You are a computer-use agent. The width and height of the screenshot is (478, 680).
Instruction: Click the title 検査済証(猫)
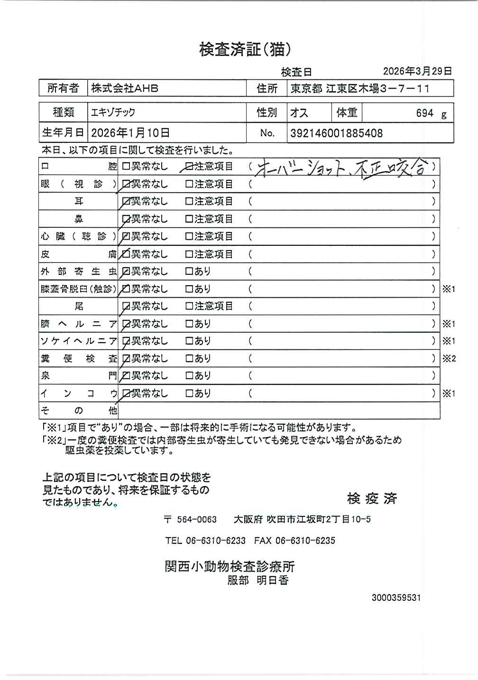pyautogui.click(x=245, y=49)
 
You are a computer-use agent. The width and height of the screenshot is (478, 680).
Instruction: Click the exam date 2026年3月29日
pyautogui.click(x=417, y=71)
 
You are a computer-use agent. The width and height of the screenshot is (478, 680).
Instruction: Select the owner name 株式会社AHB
pyautogui.click(x=125, y=88)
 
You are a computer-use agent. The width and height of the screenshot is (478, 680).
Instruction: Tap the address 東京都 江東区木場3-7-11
pyautogui.click(x=360, y=88)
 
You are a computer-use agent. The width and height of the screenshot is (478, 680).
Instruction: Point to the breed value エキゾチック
pyautogui.click(x=113, y=112)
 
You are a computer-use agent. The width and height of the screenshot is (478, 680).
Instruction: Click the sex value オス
pyautogui.click(x=299, y=113)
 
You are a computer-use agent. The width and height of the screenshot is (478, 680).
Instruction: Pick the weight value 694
pyautogui.click(x=424, y=113)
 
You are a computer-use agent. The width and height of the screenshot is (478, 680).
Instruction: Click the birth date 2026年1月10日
pyautogui.click(x=130, y=133)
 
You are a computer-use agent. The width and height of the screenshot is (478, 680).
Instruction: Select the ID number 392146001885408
pyautogui.click(x=337, y=133)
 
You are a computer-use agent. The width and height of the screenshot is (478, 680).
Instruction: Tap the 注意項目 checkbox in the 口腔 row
pyautogui.click(x=189, y=167)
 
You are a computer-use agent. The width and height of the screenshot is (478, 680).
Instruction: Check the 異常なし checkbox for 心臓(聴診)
pyautogui.click(x=126, y=236)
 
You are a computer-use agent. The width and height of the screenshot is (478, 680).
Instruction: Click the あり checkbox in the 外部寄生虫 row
pyautogui.click(x=189, y=271)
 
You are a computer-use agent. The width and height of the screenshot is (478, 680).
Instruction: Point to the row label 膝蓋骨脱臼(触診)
pyautogui.click(x=78, y=289)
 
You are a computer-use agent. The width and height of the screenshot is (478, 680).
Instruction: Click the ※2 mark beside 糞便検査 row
pyautogui.click(x=449, y=358)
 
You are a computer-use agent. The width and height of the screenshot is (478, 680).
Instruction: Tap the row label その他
pyautogui.click(x=78, y=410)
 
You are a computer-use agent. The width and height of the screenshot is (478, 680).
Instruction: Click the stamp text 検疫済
pyautogui.click(x=372, y=498)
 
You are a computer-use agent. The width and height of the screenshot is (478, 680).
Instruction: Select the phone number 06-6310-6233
pyautogui.click(x=216, y=540)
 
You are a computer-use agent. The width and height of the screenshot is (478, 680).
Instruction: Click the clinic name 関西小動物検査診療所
pyautogui.click(x=230, y=567)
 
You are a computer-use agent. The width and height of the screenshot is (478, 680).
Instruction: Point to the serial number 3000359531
pyautogui.click(x=396, y=598)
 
